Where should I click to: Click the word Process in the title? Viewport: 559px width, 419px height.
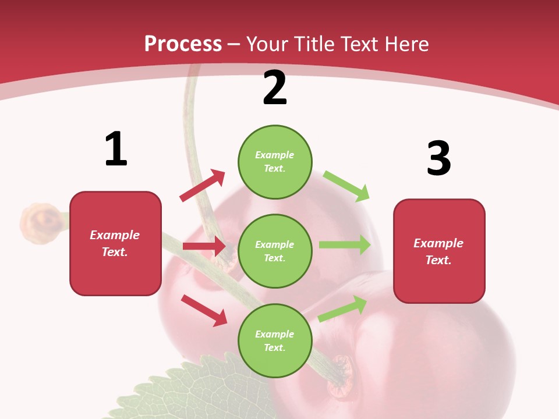(183, 44)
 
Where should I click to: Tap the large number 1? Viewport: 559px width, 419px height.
(116, 149)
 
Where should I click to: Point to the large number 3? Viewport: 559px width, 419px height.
(438, 158)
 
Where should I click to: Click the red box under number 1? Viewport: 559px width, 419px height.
(115, 243)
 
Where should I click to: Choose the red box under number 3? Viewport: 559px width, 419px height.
(439, 251)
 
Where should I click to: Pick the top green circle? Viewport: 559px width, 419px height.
(275, 162)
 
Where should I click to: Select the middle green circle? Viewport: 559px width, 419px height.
(275, 251)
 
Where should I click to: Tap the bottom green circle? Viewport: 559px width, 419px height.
(275, 341)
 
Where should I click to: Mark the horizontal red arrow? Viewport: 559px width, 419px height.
(204, 246)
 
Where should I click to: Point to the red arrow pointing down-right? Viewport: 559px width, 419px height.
(204, 310)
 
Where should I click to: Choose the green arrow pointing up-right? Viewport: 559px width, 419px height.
(343, 308)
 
